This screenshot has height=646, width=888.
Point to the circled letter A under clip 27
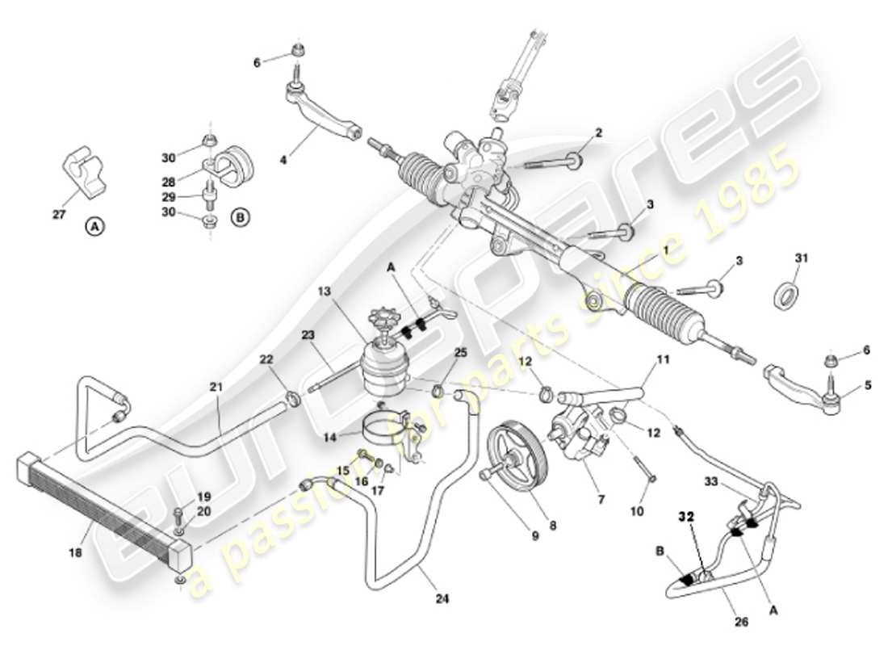pos(94,227)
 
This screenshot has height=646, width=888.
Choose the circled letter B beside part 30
pos(239,216)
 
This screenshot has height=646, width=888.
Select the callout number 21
pos(216,388)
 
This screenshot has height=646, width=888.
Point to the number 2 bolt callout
pos(598,132)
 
